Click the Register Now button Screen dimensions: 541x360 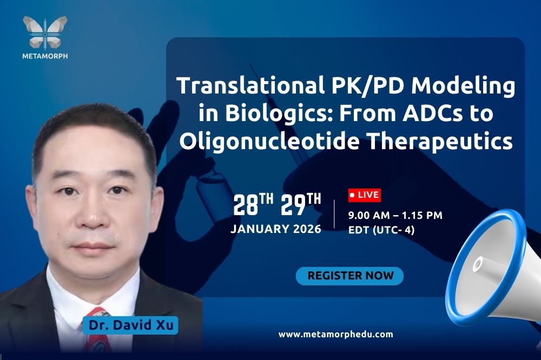click(x=349, y=276)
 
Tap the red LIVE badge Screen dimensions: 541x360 click(x=364, y=195)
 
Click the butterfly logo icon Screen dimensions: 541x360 click(x=45, y=33)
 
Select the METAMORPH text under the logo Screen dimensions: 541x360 click(x=45, y=56)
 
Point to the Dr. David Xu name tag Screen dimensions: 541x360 click(x=130, y=325)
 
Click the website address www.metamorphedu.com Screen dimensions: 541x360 click(x=336, y=334)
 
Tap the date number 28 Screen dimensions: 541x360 click(x=246, y=205)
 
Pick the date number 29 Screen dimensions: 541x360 click(x=293, y=205)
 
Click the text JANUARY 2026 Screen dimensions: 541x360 click(x=276, y=229)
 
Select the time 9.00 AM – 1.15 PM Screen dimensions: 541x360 click(x=395, y=216)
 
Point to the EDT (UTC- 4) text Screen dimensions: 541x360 click(x=381, y=230)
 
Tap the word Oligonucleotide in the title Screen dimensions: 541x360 click(x=269, y=142)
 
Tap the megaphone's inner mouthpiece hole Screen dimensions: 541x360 click(x=478, y=264)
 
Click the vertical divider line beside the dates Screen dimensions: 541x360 click(x=334, y=214)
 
